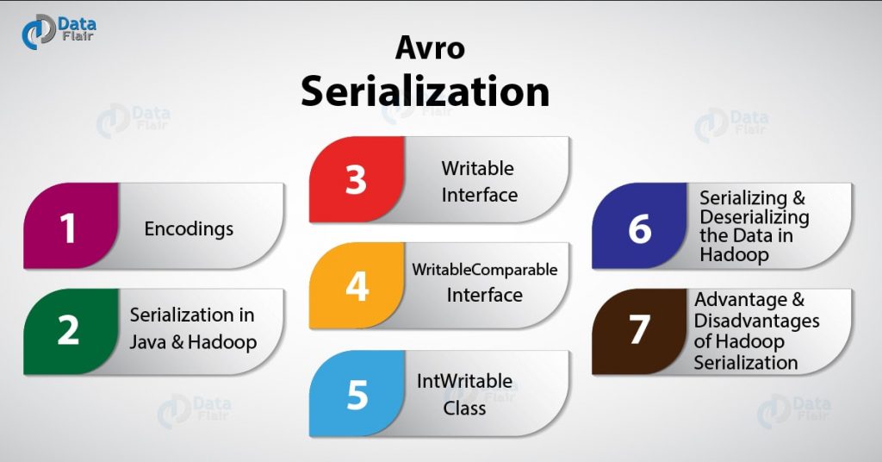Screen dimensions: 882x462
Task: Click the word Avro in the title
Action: point(430,47)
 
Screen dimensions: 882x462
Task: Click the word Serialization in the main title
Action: point(425,91)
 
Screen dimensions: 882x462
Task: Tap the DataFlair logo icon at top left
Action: point(38,33)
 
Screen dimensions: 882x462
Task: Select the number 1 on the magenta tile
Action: point(67,228)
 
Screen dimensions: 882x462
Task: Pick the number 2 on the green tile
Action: point(68,330)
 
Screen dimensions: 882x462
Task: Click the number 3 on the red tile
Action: point(356,180)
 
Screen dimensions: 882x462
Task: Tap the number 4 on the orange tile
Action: point(357,286)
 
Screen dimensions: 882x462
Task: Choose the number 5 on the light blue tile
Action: point(357,394)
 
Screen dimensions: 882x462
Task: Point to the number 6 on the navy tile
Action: point(640,228)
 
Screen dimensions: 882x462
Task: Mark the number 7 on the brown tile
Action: point(640,330)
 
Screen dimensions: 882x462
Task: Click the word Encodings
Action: point(189,229)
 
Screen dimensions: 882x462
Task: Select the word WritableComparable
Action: point(484,270)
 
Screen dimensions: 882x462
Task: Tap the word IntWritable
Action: point(464,381)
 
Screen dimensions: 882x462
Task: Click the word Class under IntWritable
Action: point(464,408)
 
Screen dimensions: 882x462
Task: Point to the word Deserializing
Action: point(755,216)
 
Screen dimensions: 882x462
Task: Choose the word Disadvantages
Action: point(756,321)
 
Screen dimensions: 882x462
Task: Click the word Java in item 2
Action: point(147,341)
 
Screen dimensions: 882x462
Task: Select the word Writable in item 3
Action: point(477,168)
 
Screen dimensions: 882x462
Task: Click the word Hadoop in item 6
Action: point(734,254)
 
